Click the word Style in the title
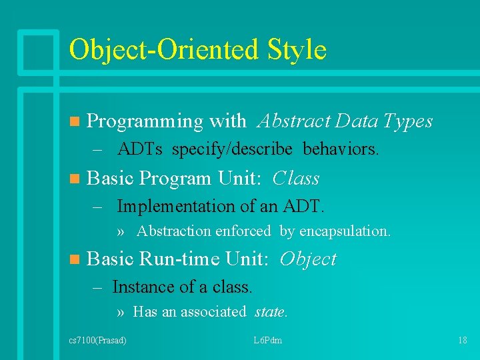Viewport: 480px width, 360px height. coord(295,50)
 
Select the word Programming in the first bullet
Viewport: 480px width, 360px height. coord(145,121)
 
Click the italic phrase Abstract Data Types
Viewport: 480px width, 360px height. coord(345,121)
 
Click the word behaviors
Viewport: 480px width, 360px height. coord(341,149)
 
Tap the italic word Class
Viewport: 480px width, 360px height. coord(296,179)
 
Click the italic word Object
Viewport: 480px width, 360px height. coord(308,259)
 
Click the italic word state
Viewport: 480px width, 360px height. coord(270,311)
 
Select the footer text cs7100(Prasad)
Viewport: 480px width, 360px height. coord(98,341)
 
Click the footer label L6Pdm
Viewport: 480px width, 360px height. coord(268,341)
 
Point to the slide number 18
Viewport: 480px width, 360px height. coord(462,341)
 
